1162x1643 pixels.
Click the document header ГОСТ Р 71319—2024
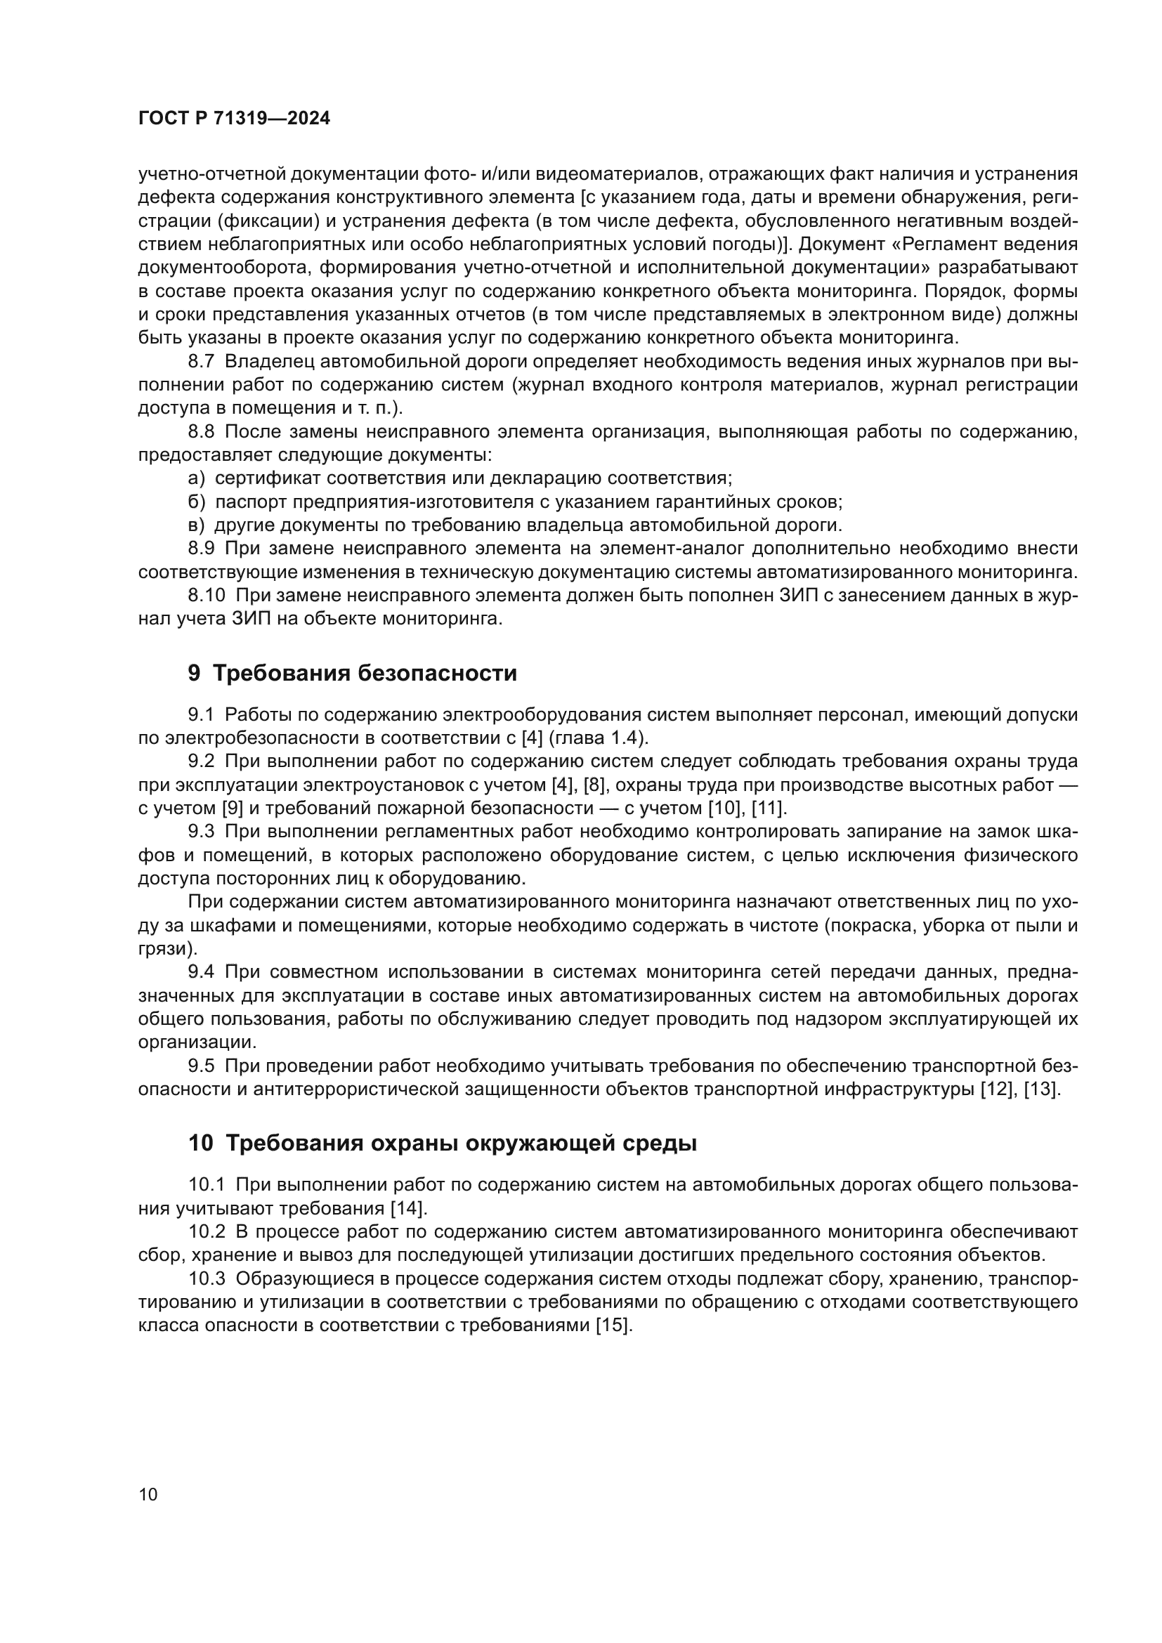pos(234,119)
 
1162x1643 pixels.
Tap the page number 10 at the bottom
pos(148,1494)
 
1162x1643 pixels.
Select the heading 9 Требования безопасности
pos(352,674)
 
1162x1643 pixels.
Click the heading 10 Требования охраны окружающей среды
pos(442,1144)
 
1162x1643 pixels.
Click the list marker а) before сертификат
pos(197,478)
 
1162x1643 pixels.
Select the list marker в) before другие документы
pos(197,525)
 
